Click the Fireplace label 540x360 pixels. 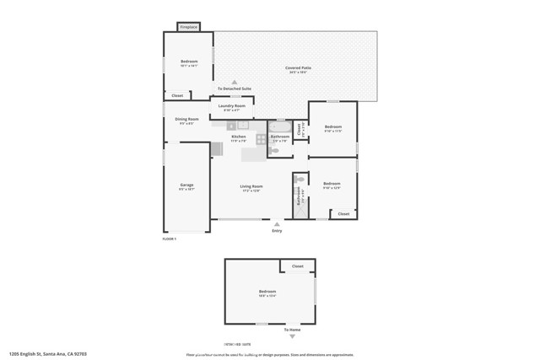[x=189, y=27]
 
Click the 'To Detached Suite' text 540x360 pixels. [x=234, y=89]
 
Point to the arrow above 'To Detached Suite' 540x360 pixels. [x=234, y=82]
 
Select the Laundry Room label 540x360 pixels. [x=232, y=106]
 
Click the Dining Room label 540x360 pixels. [x=186, y=120]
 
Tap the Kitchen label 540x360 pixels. [x=239, y=137]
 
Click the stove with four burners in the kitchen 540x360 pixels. [x=261, y=139]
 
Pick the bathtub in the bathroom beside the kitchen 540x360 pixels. [x=280, y=126]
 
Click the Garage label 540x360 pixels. [x=186, y=185]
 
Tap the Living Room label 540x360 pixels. [x=251, y=186]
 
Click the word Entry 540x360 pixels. [x=277, y=230]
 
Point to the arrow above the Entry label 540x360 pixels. [x=277, y=223]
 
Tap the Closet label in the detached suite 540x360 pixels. [x=297, y=266]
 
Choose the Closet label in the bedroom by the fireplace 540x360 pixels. [x=177, y=95]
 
